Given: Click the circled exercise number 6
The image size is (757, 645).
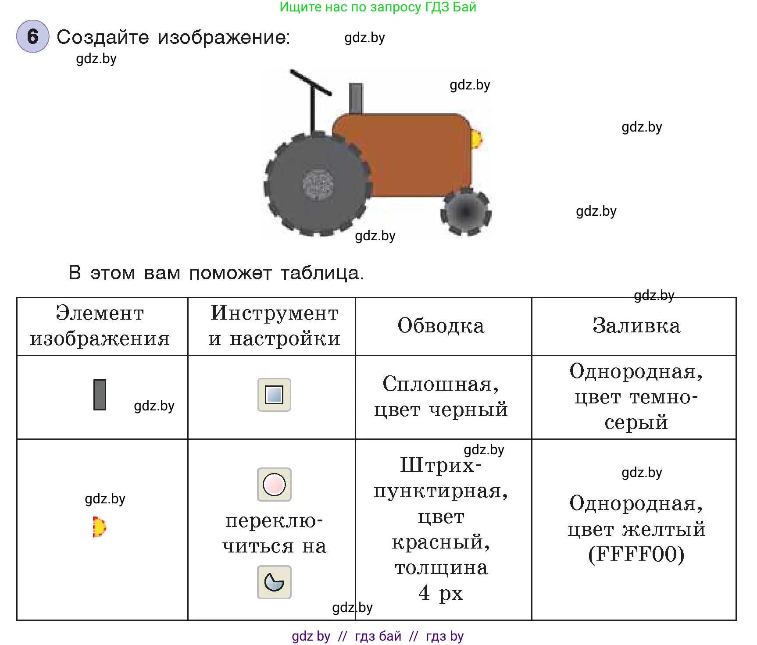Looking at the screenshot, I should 32,36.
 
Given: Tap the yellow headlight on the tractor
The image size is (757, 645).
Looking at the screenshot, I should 476,139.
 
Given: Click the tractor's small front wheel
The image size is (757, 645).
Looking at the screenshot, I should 465,212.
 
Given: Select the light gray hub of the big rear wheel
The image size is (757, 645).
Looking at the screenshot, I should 318,184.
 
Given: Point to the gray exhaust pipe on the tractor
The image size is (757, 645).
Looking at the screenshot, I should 356,99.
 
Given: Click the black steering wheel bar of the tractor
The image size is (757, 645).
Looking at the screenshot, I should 310,82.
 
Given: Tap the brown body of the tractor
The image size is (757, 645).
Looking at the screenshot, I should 417,153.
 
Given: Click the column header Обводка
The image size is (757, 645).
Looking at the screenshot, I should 441,326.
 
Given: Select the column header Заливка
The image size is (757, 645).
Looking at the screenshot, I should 636,326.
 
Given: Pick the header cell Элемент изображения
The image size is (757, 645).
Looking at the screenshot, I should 100,326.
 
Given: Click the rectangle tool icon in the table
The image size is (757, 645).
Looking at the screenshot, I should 274,395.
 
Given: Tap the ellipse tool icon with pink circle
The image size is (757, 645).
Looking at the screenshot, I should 274,485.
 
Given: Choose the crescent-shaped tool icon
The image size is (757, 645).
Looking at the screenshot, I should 274,582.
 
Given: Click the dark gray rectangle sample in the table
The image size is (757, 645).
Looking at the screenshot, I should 100,395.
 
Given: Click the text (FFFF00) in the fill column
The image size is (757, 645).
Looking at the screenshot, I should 636,555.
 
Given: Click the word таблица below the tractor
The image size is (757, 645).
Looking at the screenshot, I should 321,273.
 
